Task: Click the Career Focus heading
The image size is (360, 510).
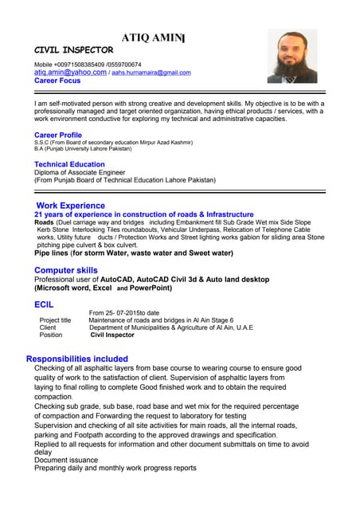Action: [57, 81]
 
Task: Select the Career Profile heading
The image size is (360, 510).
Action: [57, 135]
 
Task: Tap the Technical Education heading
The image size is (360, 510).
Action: [69, 164]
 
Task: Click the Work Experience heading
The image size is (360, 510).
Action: [70, 206]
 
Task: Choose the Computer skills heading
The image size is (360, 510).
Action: [65, 271]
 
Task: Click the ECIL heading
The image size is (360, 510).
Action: [44, 304]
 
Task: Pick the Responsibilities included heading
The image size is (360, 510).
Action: [76, 359]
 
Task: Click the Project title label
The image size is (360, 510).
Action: [55, 320]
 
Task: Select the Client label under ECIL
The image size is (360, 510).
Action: [48, 328]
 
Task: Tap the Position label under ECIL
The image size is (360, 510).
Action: [51, 335]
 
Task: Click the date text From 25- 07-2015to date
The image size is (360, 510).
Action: [124, 312]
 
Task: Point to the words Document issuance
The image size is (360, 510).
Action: [66, 460]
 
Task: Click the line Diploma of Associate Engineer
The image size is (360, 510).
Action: [80, 172]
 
